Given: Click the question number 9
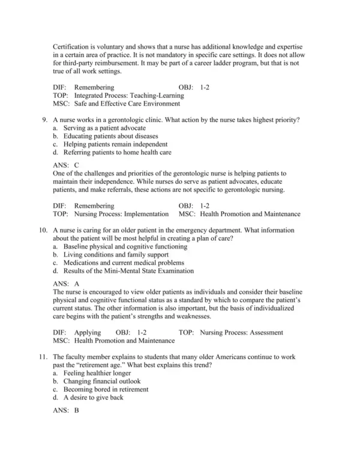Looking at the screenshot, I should (44, 120).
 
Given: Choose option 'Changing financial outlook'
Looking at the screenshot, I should (101, 381).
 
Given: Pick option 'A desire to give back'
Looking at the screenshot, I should (92, 398).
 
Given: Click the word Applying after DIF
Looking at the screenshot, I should (88, 332).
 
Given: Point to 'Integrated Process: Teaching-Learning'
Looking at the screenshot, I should (128, 95).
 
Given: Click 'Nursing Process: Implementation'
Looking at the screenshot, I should (121, 213).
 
